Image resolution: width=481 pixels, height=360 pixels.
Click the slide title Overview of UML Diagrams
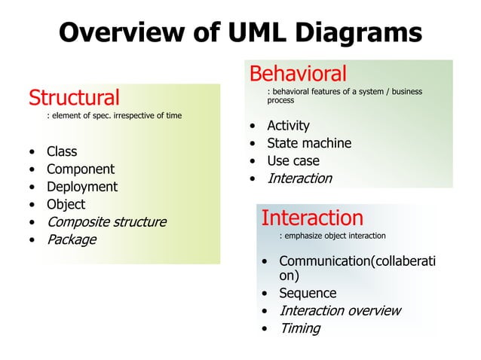click(240, 32)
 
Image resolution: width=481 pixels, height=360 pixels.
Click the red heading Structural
click(74, 97)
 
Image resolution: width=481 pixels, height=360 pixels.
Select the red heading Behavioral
click(298, 74)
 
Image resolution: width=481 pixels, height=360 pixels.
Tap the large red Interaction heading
click(311, 218)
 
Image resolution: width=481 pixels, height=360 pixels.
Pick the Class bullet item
click(62, 151)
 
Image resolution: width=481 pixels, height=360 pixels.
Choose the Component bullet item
click(81, 169)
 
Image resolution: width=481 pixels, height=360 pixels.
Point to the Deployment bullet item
click(82, 187)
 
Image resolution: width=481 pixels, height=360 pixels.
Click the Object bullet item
click(66, 204)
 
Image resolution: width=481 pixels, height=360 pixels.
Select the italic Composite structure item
click(106, 222)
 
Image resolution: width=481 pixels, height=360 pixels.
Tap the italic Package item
click(72, 239)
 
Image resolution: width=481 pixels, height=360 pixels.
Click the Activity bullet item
click(288, 126)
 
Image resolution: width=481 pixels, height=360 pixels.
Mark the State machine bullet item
click(309, 143)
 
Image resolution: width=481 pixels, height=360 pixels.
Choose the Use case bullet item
click(293, 160)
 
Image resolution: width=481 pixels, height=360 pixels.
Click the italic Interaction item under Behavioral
click(299, 178)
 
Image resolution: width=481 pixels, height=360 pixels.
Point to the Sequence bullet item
click(308, 293)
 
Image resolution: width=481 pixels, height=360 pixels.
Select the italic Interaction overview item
click(340, 311)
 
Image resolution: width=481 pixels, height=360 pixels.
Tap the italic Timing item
click(299, 328)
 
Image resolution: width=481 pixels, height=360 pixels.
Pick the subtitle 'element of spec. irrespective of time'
click(114, 116)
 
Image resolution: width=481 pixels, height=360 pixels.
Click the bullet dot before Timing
click(265, 329)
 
